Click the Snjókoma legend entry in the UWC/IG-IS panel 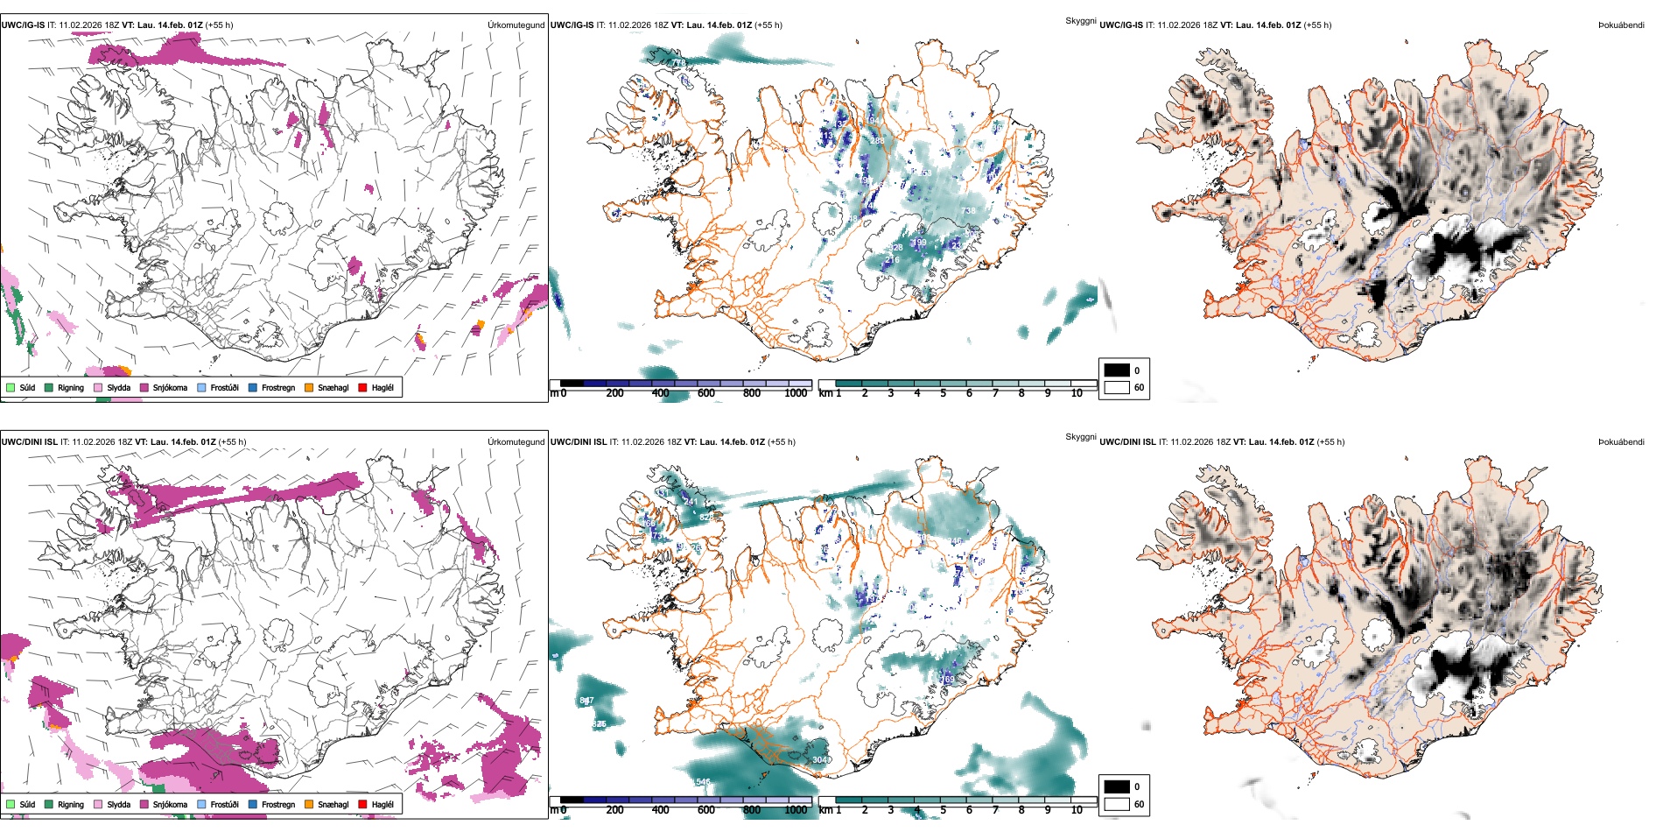point(170,387)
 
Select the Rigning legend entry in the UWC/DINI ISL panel point(70,804)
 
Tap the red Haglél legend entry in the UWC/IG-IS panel point(382,387)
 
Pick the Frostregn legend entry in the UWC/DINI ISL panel point(277,804)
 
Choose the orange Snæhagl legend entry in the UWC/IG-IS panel point(333,387)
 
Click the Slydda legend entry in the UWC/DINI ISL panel point(118,804)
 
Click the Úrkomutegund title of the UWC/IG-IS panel point(516,25)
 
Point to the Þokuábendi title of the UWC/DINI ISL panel point(1621,441)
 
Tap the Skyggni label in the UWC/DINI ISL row point(1080,436)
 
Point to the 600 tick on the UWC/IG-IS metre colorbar point(706,393)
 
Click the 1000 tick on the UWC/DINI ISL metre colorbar point(796,810)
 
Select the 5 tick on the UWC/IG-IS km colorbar point(943,393)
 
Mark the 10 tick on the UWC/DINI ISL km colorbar point(1077,810)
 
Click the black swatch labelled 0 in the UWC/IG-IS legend point(1117,370)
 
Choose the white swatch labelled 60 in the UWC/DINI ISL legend point(1117,804)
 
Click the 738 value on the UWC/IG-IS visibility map point(968,211)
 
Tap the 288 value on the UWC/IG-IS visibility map point(877,141)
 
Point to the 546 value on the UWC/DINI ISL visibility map point(703,782)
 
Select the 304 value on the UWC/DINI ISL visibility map point(820,759)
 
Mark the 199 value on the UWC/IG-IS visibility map point(919,243)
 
